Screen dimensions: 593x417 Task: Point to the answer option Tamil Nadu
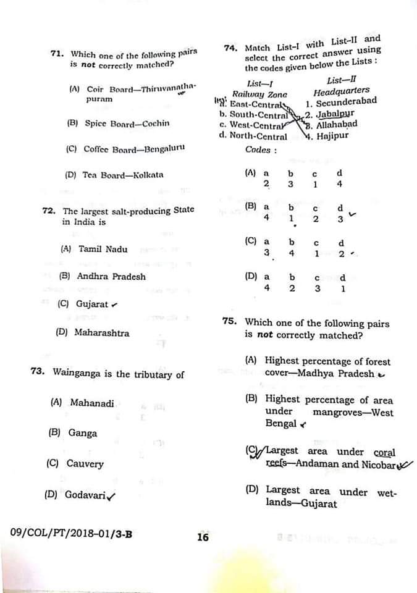click(103, 250)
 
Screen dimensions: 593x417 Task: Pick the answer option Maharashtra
click(102, 333)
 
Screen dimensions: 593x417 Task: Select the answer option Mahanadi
click(92, 403)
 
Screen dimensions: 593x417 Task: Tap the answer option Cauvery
click(85, 464)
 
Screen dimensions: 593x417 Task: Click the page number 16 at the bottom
click(203, 537)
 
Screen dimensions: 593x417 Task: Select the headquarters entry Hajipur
click(332, 135)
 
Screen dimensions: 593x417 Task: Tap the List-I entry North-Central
click(258, 136)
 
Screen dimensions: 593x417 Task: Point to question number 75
click(229, 321)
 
